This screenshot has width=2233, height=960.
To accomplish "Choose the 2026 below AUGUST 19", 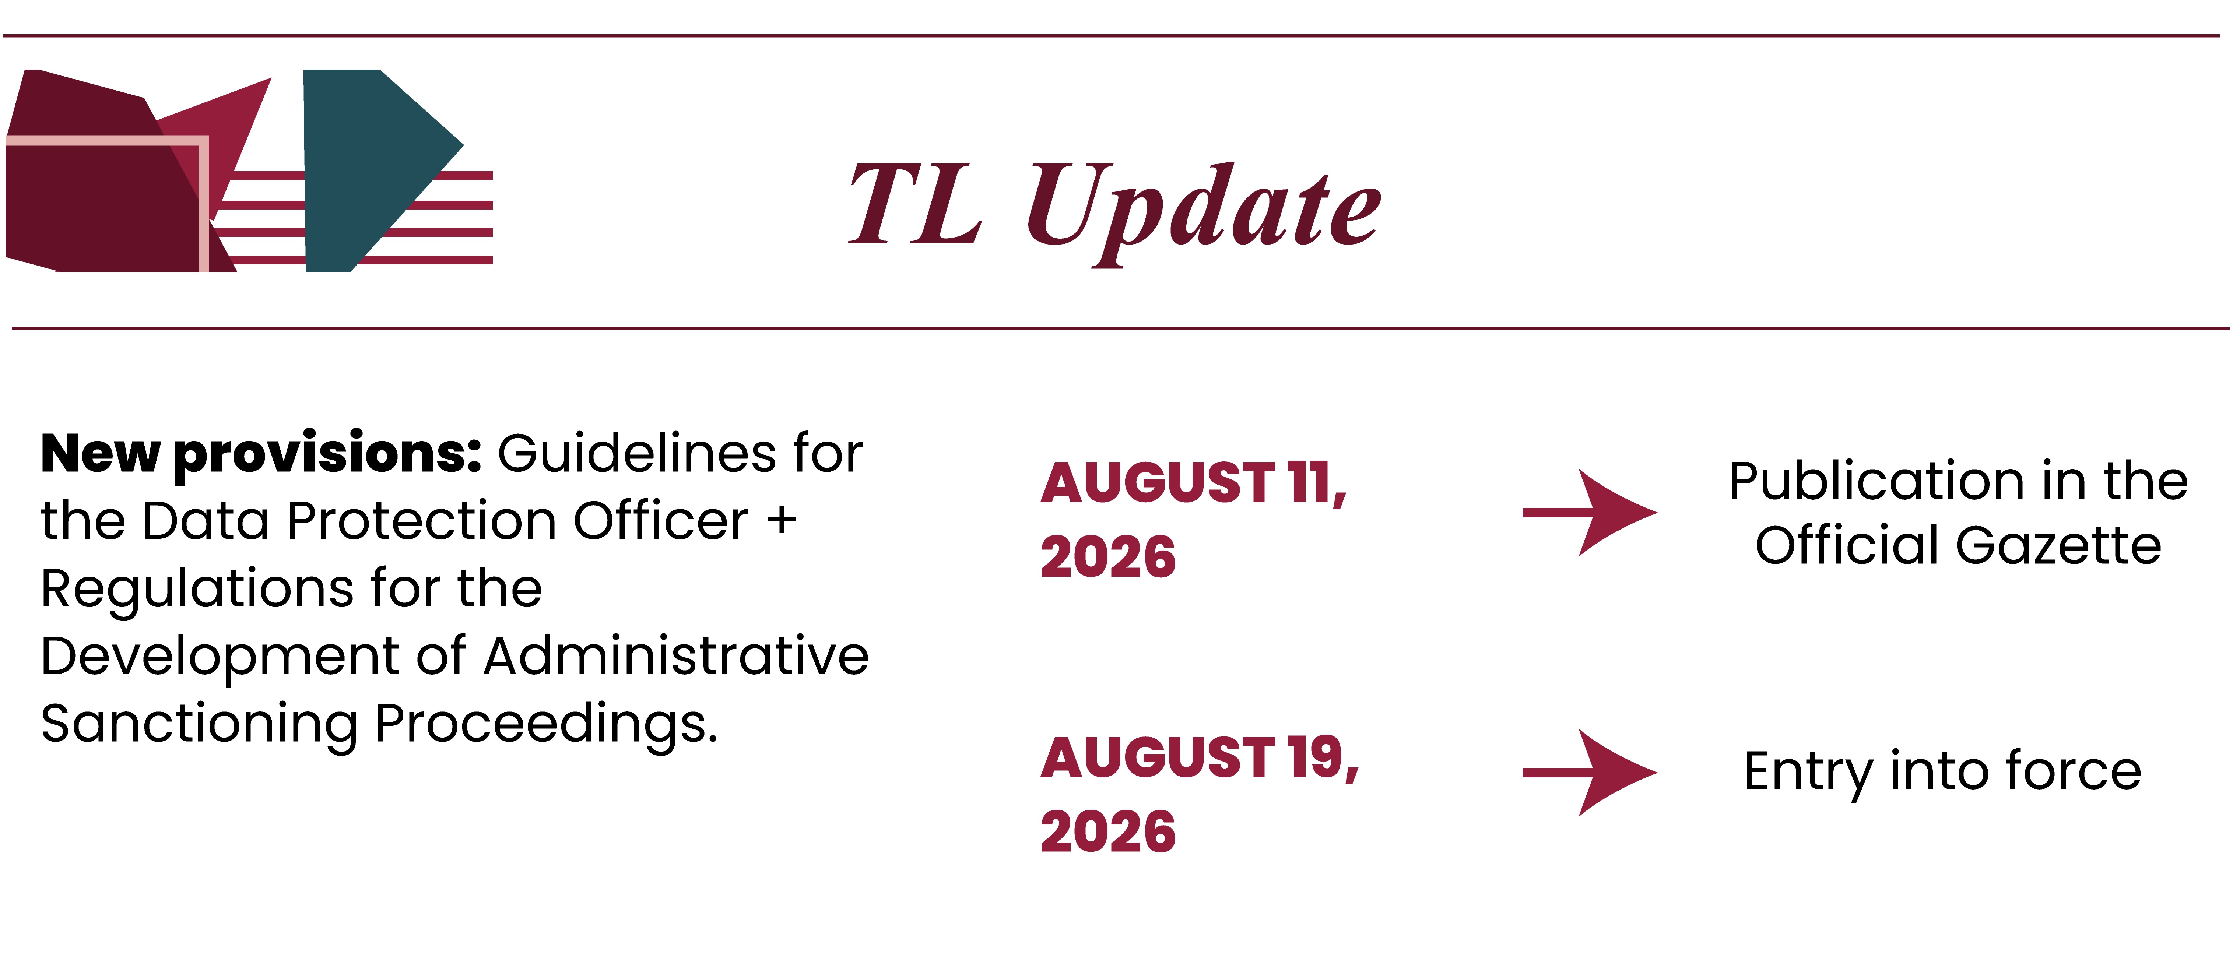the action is coord(1108,832).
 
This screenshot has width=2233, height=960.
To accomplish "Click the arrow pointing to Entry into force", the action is coord(1590,773).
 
